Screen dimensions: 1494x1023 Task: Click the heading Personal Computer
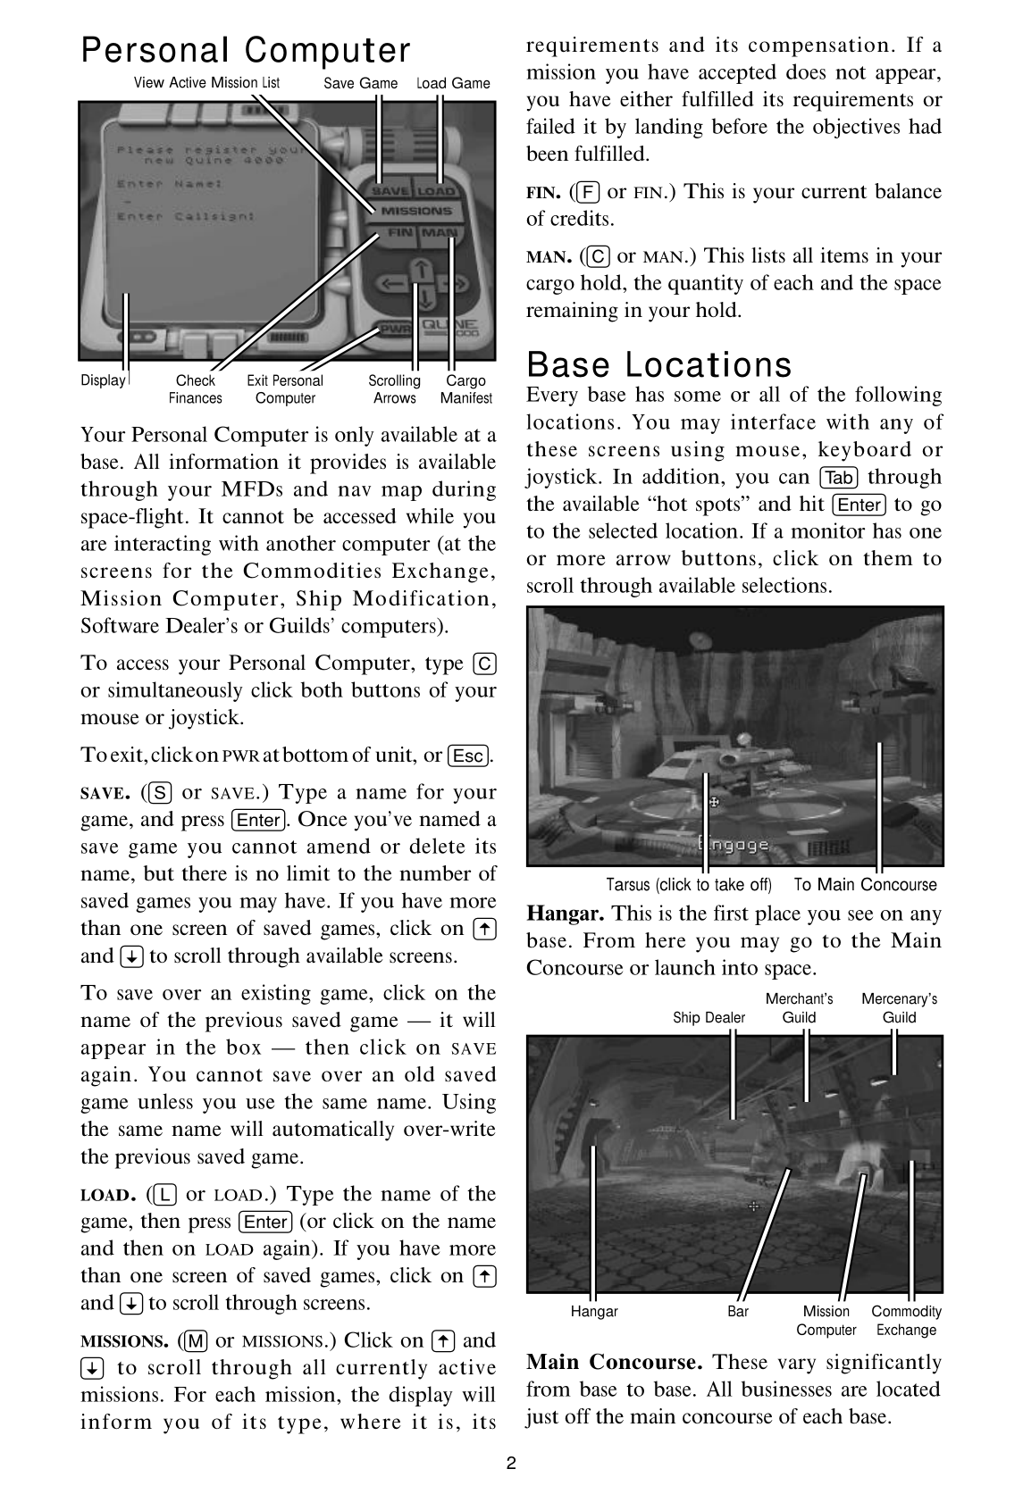tap(246, 51)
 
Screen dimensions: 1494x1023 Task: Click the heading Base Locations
tap(658, 365)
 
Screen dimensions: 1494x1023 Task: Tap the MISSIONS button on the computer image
tap(416, 212)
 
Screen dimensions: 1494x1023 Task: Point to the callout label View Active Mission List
tap(206, 83)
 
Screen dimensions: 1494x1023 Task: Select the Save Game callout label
tap(361, 83)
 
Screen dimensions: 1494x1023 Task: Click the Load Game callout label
tap(454, 83)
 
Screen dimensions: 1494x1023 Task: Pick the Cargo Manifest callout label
tap(465, 389)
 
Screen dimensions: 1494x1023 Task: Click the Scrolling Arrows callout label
tap(394, 389)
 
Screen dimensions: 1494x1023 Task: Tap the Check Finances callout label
tap(196, 389)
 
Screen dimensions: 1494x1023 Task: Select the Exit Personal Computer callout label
tap(285, 389)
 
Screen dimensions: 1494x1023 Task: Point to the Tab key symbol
tap(839, 478)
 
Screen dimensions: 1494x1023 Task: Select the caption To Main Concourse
tap(865, 885)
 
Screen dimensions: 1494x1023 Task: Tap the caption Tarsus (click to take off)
tap(688, 885)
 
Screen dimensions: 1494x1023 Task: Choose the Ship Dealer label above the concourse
tap(709, 1018)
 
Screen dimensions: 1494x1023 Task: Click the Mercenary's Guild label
tap(899, 1008)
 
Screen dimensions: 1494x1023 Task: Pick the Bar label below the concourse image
tap(738, 1312)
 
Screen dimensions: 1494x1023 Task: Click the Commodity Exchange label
tap(906, 1321)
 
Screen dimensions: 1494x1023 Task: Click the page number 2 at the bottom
tap(511, 1464)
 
